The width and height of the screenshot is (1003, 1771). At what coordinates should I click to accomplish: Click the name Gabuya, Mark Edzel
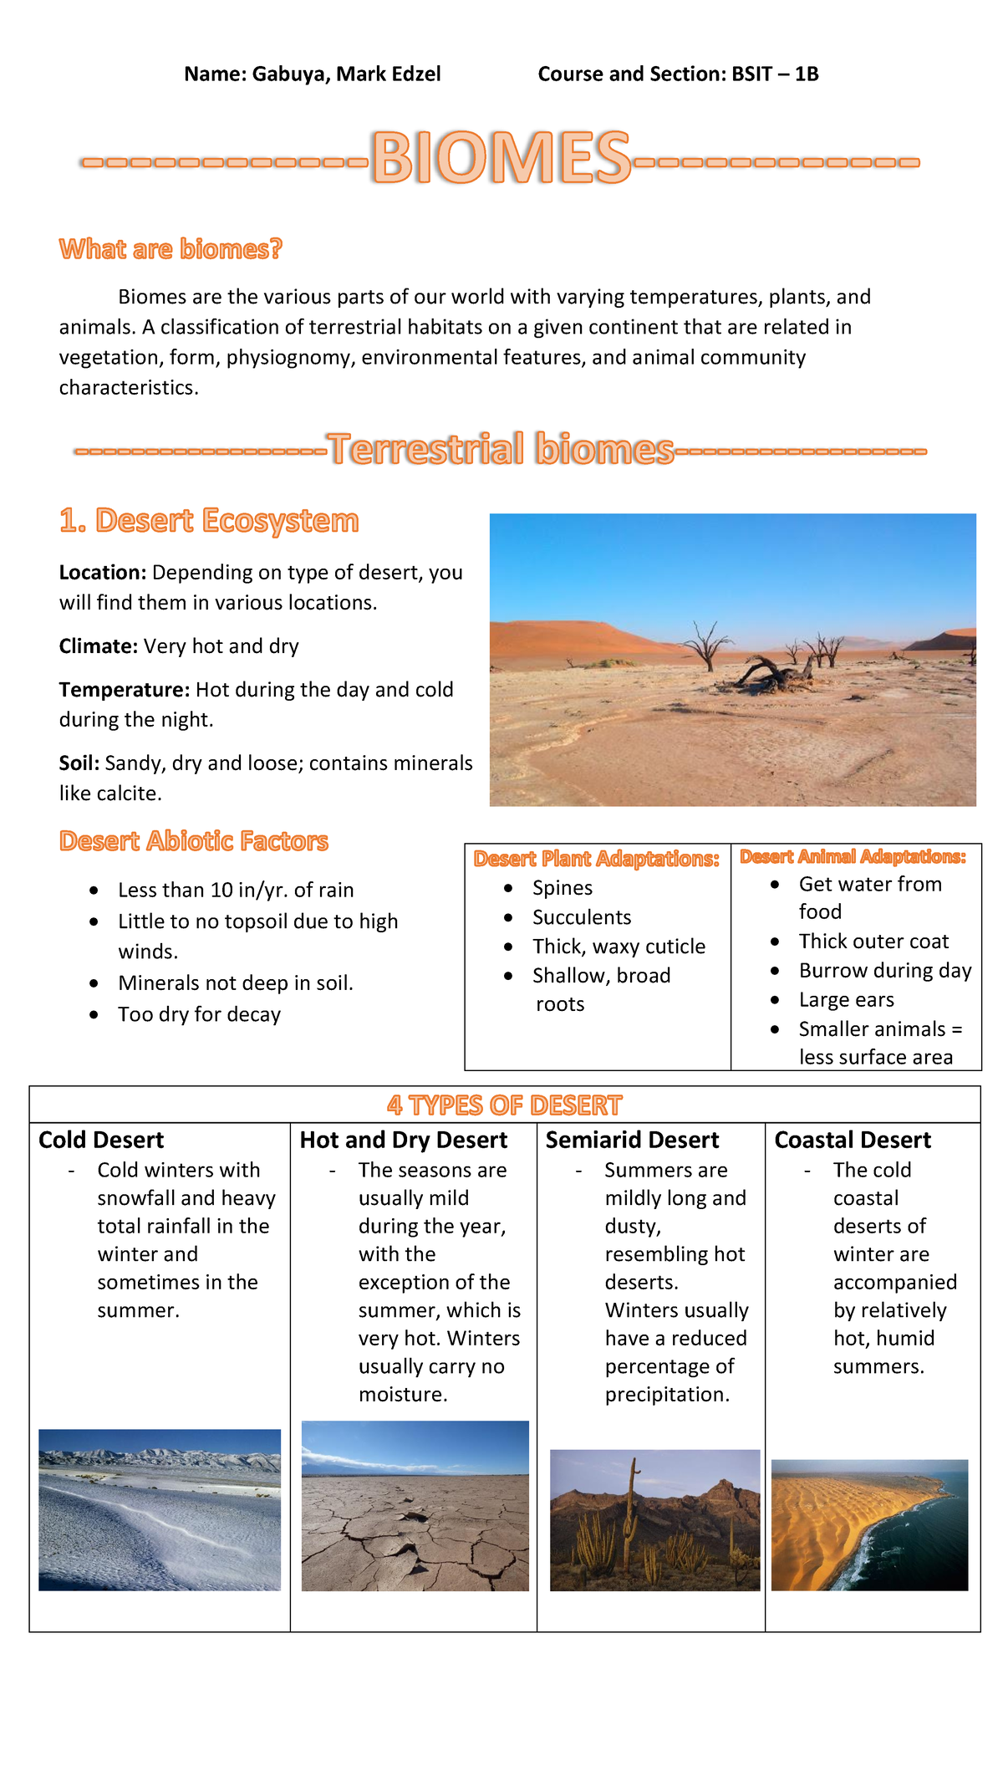[x=346, y=74]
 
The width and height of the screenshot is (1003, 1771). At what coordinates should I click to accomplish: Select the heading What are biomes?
[x=171, y=249]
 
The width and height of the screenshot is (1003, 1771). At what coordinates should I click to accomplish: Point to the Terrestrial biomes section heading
[x=501, y=449]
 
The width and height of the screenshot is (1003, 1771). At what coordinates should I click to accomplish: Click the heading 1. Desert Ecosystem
[x=209, y=521]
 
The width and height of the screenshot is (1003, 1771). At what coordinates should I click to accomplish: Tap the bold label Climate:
[x=98, y=646]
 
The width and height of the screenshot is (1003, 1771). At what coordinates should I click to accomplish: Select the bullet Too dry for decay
[x=199, y=1014]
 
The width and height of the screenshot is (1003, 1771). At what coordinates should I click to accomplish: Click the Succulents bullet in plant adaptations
[x=582, y=917]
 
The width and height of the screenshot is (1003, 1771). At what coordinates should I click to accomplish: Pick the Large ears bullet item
[x=846, y=1000]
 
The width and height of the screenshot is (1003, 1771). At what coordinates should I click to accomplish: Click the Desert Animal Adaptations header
[x=853, y=857]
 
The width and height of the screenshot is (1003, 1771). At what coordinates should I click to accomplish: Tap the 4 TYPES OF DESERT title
[x=504, y=1105]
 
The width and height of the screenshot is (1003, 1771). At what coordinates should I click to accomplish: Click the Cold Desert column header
[x=101, y=1141]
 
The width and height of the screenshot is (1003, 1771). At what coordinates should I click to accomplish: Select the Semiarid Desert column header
[x=632, y=1141]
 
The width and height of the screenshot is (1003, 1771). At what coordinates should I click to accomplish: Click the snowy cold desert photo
[x=160, y=1509]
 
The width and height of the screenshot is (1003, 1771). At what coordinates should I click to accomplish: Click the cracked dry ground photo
[x=415, y=1505]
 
